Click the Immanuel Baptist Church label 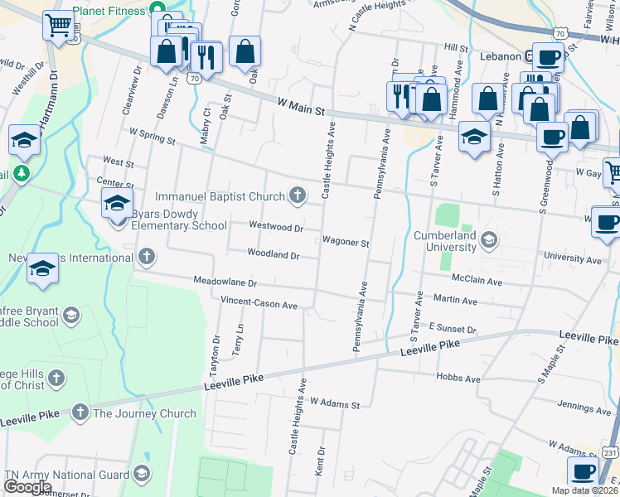(x=220, y=196)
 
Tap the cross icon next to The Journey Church (x=80, y=413)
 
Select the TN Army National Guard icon (x=142, y=474)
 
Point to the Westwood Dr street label (x=276, y=226)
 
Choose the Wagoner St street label (x=346, y=243)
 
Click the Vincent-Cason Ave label (x=259, y=305)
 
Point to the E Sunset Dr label (x=453, y=329)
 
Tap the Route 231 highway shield (x=608, y=453)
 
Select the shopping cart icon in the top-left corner (x=58, y=25)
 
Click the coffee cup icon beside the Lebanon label (x=548, y=57)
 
